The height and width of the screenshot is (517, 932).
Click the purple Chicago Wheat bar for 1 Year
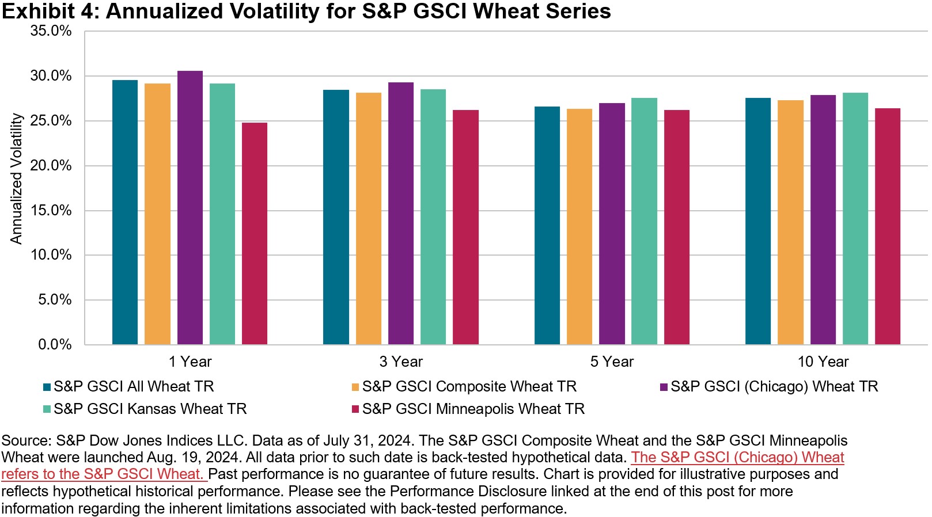coord(190,208)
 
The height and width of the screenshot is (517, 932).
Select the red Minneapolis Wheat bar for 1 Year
coord(254,233)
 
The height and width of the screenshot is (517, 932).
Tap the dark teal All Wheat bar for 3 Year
coord(336,217)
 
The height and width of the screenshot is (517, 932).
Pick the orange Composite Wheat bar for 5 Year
coord(579,227)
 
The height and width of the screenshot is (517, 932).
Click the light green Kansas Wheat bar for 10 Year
coord(855,218)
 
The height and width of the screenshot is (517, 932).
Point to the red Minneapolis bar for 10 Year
coord(888,226)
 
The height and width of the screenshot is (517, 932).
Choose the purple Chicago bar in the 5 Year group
coord(612,224)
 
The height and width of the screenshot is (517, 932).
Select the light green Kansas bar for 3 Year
coord(433,216)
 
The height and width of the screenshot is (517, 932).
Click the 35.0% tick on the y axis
coord(51,31)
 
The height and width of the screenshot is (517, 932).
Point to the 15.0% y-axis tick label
coord(51,211)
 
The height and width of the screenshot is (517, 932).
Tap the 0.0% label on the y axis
coord(55,344)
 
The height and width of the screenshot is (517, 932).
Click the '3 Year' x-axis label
coord(401,362)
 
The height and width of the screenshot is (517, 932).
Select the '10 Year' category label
coord(823,362)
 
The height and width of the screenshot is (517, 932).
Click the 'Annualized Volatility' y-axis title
coord(16,179)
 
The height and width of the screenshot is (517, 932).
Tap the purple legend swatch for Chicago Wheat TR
coord(664,387)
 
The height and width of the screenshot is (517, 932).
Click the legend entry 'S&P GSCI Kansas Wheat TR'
coord(145,409)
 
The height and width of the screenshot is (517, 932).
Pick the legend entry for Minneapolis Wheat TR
coord(468,409)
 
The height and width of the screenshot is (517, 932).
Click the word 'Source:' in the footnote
coord(26,440)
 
